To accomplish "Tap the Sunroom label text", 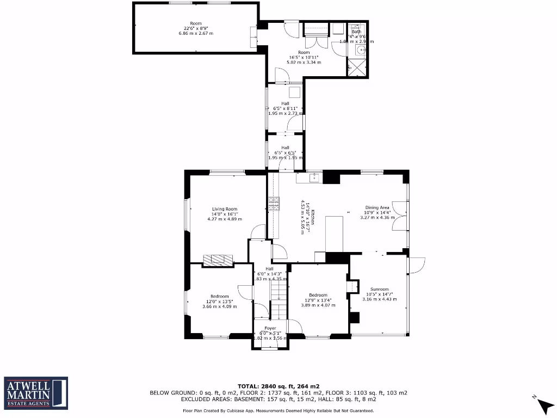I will [379, 289].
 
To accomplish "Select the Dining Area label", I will [377, 207].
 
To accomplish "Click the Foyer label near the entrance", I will [270, 328].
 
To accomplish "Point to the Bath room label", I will [356, 32].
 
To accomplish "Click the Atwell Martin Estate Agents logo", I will [36, 392].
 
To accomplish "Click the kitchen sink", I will [313, 177].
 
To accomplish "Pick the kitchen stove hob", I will [273, 204].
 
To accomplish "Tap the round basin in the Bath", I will [358, 51].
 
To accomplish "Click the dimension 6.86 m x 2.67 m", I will [196, 34].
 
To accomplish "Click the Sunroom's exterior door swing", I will [417, 265].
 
